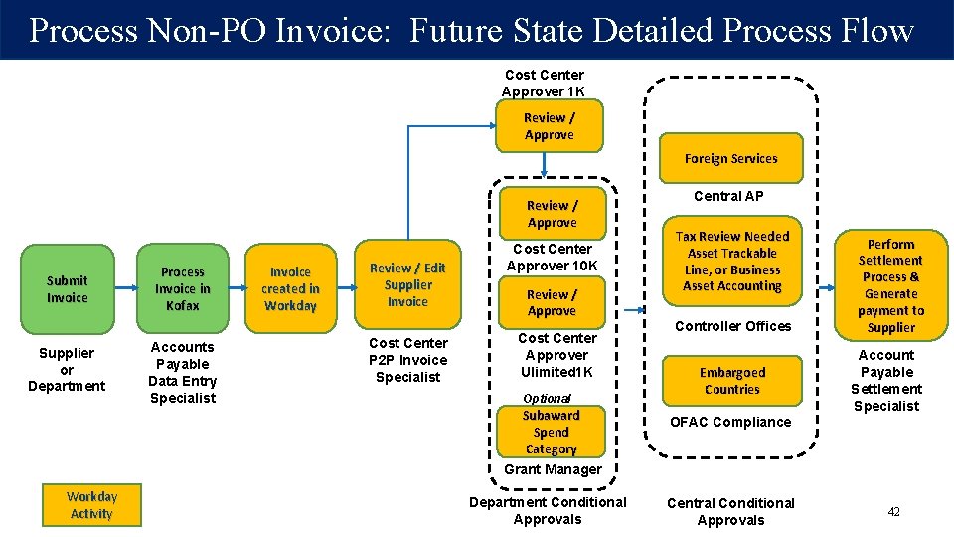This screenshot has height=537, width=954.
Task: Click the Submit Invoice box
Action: [x=67, y=289]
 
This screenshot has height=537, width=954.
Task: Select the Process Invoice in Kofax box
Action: [x=183, y=288]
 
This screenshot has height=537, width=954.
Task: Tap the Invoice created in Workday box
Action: [x=290, y=288]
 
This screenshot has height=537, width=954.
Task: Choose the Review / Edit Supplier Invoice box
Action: [x=407, y=284]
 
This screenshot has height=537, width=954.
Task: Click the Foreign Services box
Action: [x=730, y=159]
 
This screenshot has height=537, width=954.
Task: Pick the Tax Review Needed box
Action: [x=733, y=262]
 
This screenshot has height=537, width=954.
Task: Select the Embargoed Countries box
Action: [x=731, y=381]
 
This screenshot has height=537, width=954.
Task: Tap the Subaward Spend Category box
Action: [x=551, y=432]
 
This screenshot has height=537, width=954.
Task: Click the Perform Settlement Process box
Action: [x=890, y=285]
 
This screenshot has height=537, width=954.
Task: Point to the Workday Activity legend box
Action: [x=91, y=505]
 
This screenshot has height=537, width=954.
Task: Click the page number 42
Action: [x=893, y=512]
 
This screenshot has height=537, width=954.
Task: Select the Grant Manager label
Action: [x=553, y=469]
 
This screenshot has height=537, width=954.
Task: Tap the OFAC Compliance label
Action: [x=730, y=422]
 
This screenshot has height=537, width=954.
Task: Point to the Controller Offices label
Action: [x=733, y=326]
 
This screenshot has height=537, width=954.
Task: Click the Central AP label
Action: [x=728, y=196]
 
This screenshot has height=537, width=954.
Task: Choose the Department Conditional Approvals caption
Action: [x=548, y=510]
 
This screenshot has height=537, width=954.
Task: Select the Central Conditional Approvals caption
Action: [x=730, y=511]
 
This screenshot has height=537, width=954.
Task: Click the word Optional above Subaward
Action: [x=547, y=398]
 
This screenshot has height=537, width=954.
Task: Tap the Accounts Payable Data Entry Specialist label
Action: [x=182, y=372]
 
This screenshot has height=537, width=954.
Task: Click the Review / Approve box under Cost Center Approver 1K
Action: [x=550, y=126]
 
